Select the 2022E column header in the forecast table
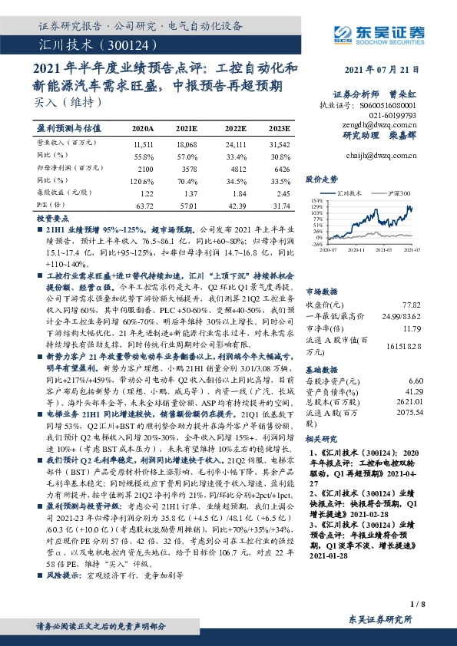(234, 128)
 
